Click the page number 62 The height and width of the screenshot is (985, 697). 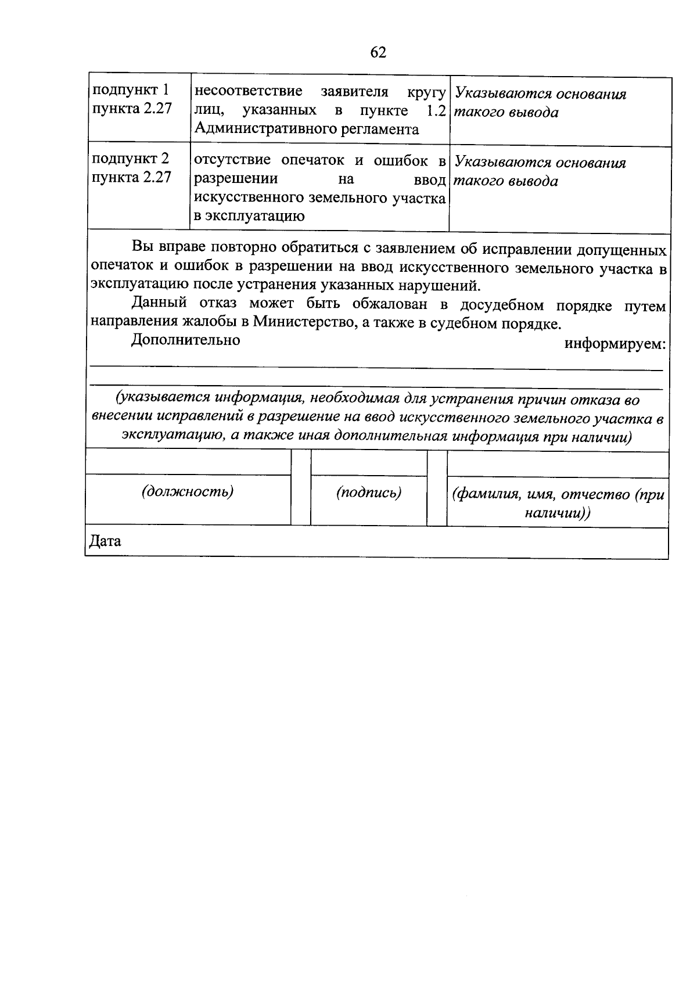[378, 52]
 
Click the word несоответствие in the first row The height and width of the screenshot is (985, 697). [248, 91]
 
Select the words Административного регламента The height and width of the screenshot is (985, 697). [307, 129]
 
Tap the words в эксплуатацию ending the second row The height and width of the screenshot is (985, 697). [250, 217]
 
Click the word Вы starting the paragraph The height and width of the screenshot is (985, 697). [141, 247]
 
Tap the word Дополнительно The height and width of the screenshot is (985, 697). [186, 340]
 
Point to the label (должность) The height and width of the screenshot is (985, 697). [188, 492]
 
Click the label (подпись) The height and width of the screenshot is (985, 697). [369, 492]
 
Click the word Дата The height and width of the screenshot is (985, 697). [105, 541]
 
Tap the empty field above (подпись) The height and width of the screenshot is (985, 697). [369, 463]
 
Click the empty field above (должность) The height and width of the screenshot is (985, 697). [188, 463]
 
